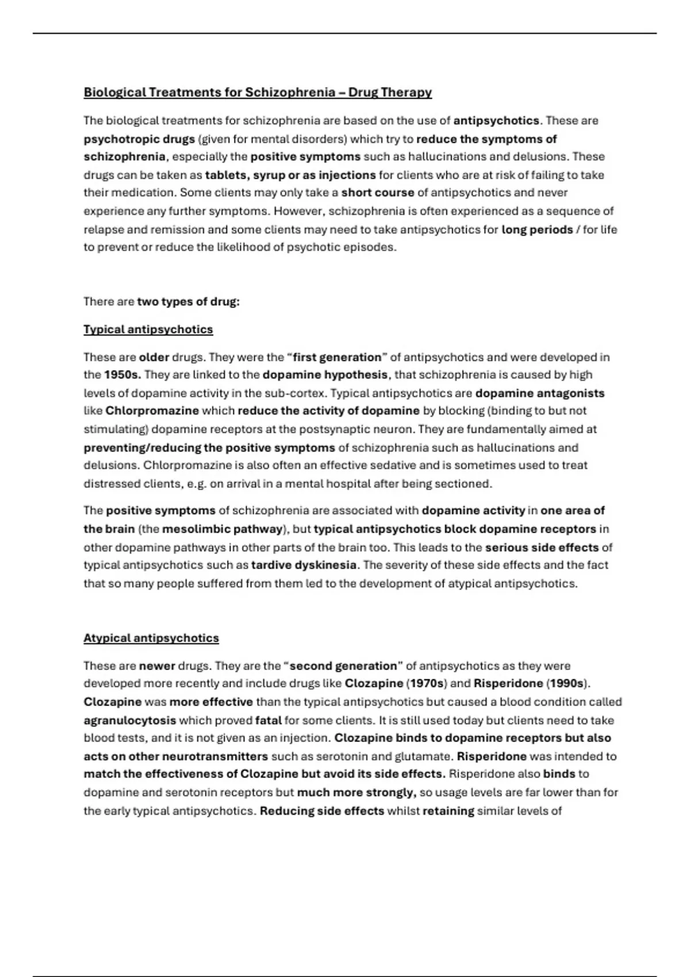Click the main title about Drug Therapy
[x=258, y=92]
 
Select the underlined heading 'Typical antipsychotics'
[x=148, y=329]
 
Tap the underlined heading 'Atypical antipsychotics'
[x=151, y=638]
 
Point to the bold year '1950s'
[x=122, y=375]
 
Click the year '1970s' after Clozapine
[x=426, y=683]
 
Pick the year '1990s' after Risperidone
[x=566, y=683]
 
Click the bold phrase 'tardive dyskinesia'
[x=304, y=565]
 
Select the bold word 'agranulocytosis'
[x=130, y=720]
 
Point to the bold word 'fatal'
[x=268, y=720]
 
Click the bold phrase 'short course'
[x=378, y=193]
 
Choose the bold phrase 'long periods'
[x=537, y=229]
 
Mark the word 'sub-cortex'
[x=300, y=393]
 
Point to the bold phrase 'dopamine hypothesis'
[x=325, y=375]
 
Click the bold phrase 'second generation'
[x=343, y=666]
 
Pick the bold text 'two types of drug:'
[x=188, y=302]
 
